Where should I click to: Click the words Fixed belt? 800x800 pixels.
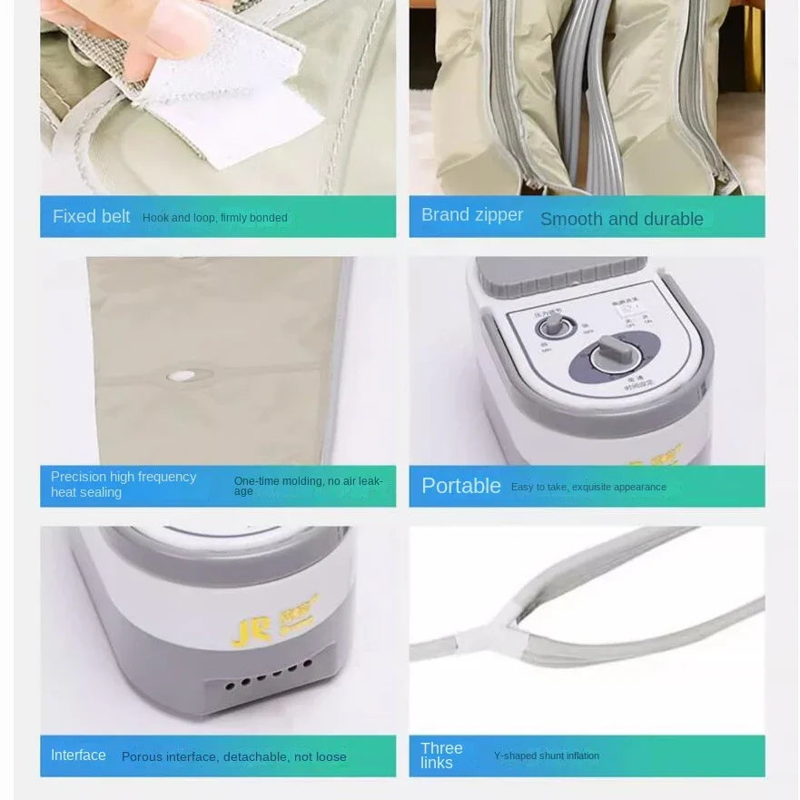click(91, 217)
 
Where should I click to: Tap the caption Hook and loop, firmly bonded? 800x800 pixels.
click(214, 218)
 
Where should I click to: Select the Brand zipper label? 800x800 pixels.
click(472, 215)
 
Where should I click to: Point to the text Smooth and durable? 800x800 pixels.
click(621, 219)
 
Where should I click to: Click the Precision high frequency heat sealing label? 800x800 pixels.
click(123, 484)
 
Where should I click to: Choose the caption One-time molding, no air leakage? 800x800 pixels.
click(308, 485)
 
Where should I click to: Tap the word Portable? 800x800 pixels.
click(461, 486)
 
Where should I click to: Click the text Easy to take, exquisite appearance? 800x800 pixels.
click(588, 488)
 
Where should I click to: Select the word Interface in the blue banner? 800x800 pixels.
click(78, 756)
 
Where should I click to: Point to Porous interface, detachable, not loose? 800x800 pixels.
click(233, 756)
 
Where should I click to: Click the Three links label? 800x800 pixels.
click(441, 755)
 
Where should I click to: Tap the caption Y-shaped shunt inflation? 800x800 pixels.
click(546, 756)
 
